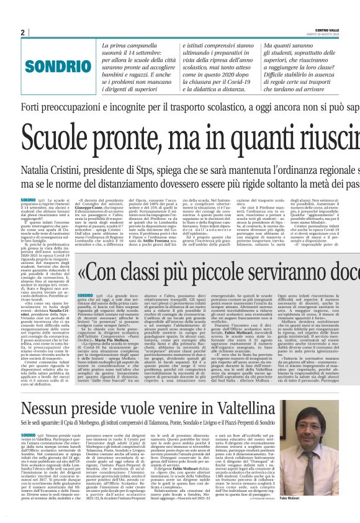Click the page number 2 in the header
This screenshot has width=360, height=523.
22,32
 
